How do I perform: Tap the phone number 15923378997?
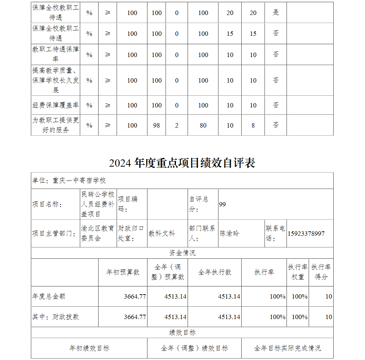pos(306,234)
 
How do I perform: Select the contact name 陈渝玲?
pos(230,234)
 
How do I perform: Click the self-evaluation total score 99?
pos(222,204)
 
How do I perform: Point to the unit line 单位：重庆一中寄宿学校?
pos(69,181)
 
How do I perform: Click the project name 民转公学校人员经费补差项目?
pos(98,204)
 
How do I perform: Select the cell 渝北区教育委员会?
pos(98,234)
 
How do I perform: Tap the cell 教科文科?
pos(162,234)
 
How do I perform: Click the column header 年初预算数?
pos(123,272)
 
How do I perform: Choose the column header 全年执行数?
pos(215,272)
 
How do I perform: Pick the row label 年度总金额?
pos(49,296)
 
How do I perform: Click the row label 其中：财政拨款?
pos(55,317)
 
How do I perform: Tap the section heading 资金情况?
pos(182,253)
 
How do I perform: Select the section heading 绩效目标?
pos(182,333)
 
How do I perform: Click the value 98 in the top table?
pos(157,125)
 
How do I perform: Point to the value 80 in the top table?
pos(203,125)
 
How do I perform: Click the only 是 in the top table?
pos(276,13)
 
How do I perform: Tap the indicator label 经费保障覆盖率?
pos(55,105)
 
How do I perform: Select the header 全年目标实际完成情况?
pos(287,348)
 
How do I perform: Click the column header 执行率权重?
pos(297,272)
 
